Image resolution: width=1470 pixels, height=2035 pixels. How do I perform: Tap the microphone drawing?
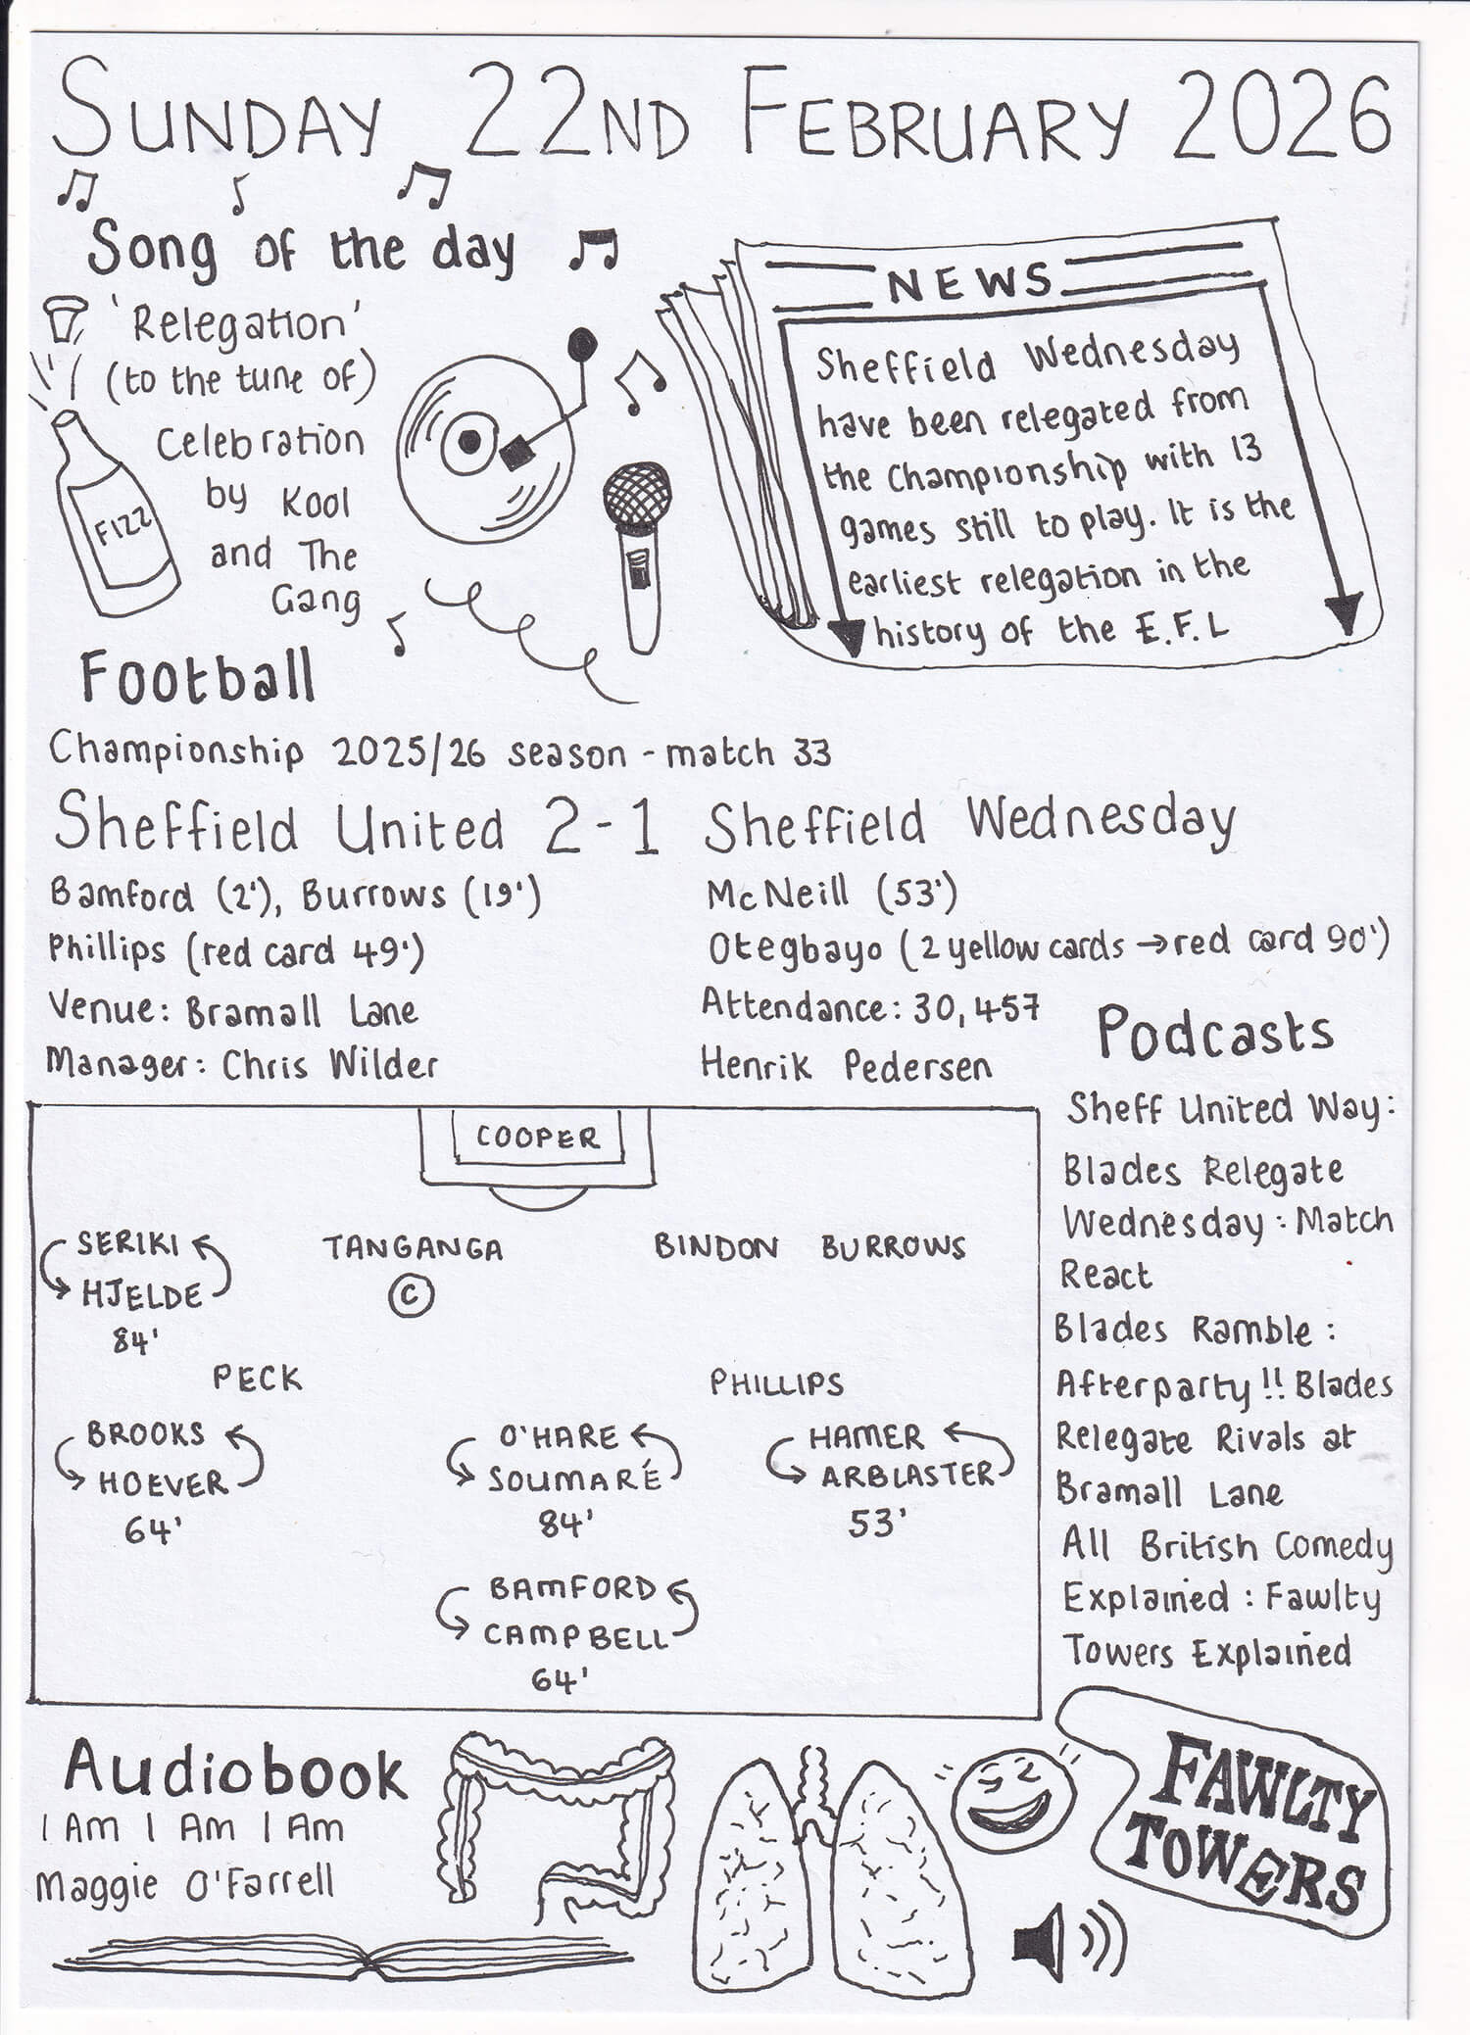tap(638, 549)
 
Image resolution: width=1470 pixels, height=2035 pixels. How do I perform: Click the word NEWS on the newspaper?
tap(969, 283)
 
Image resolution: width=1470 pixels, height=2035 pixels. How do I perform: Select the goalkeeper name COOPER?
tap(537, 1138)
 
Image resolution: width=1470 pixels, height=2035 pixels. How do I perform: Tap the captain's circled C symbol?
tap(411, 1295)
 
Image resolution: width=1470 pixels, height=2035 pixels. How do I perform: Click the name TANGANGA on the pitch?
tap(413, 1248)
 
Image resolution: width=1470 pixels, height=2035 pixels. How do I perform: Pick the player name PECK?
tap(258, 1379)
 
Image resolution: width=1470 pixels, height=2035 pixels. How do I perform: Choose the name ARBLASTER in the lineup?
tap(907, 1476)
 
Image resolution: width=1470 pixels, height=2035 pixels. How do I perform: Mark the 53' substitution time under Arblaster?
tap(873, 1524)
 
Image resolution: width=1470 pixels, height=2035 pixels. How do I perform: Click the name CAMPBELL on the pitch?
tap(574, 1635)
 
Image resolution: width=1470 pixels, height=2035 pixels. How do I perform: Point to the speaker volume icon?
tap(1067, 1942)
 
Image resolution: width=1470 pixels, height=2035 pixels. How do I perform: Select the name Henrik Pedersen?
tap(846, 1065)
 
